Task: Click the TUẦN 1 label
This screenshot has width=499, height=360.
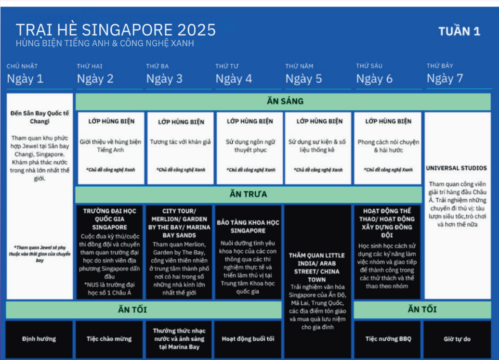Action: (x=459, y=31)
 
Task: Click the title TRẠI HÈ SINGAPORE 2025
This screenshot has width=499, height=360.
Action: (x=116, y=30)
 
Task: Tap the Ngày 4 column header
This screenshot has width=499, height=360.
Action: (x=234, y=79)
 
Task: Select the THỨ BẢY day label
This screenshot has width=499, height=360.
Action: (x=440, y=66)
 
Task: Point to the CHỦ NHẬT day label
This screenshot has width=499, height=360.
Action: (x=22, y=66)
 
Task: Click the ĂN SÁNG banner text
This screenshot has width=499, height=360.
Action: (x=285, y=101)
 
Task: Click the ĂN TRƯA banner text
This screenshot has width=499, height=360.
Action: (x=248, y=194)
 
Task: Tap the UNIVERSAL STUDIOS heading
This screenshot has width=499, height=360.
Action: (x=456, y=168)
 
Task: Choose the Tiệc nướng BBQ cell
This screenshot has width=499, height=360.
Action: (x=388, y=339)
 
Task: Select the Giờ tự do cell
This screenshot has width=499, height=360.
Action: (x=457, y=339)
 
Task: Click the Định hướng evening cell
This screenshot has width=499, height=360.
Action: (x=39, y=339)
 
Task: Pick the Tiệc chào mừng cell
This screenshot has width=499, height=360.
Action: (x=109, y=339)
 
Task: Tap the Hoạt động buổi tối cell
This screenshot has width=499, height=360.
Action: (x=248, y=339)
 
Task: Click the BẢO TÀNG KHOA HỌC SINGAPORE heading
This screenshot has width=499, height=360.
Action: (x=248, y=226)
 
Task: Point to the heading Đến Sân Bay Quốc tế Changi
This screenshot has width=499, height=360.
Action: (x=39, y=117)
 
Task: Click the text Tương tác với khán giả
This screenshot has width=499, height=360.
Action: (x=181, y=142)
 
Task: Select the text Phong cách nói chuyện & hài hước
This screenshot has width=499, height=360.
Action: (x=388, y=146)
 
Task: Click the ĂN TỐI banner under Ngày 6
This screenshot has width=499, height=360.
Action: (x=422, y=309)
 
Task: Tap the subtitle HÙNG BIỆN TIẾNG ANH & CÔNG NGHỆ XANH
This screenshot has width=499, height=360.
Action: (x=105, y=43)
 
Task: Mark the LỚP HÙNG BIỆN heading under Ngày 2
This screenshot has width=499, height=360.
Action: (x=111, y=121)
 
